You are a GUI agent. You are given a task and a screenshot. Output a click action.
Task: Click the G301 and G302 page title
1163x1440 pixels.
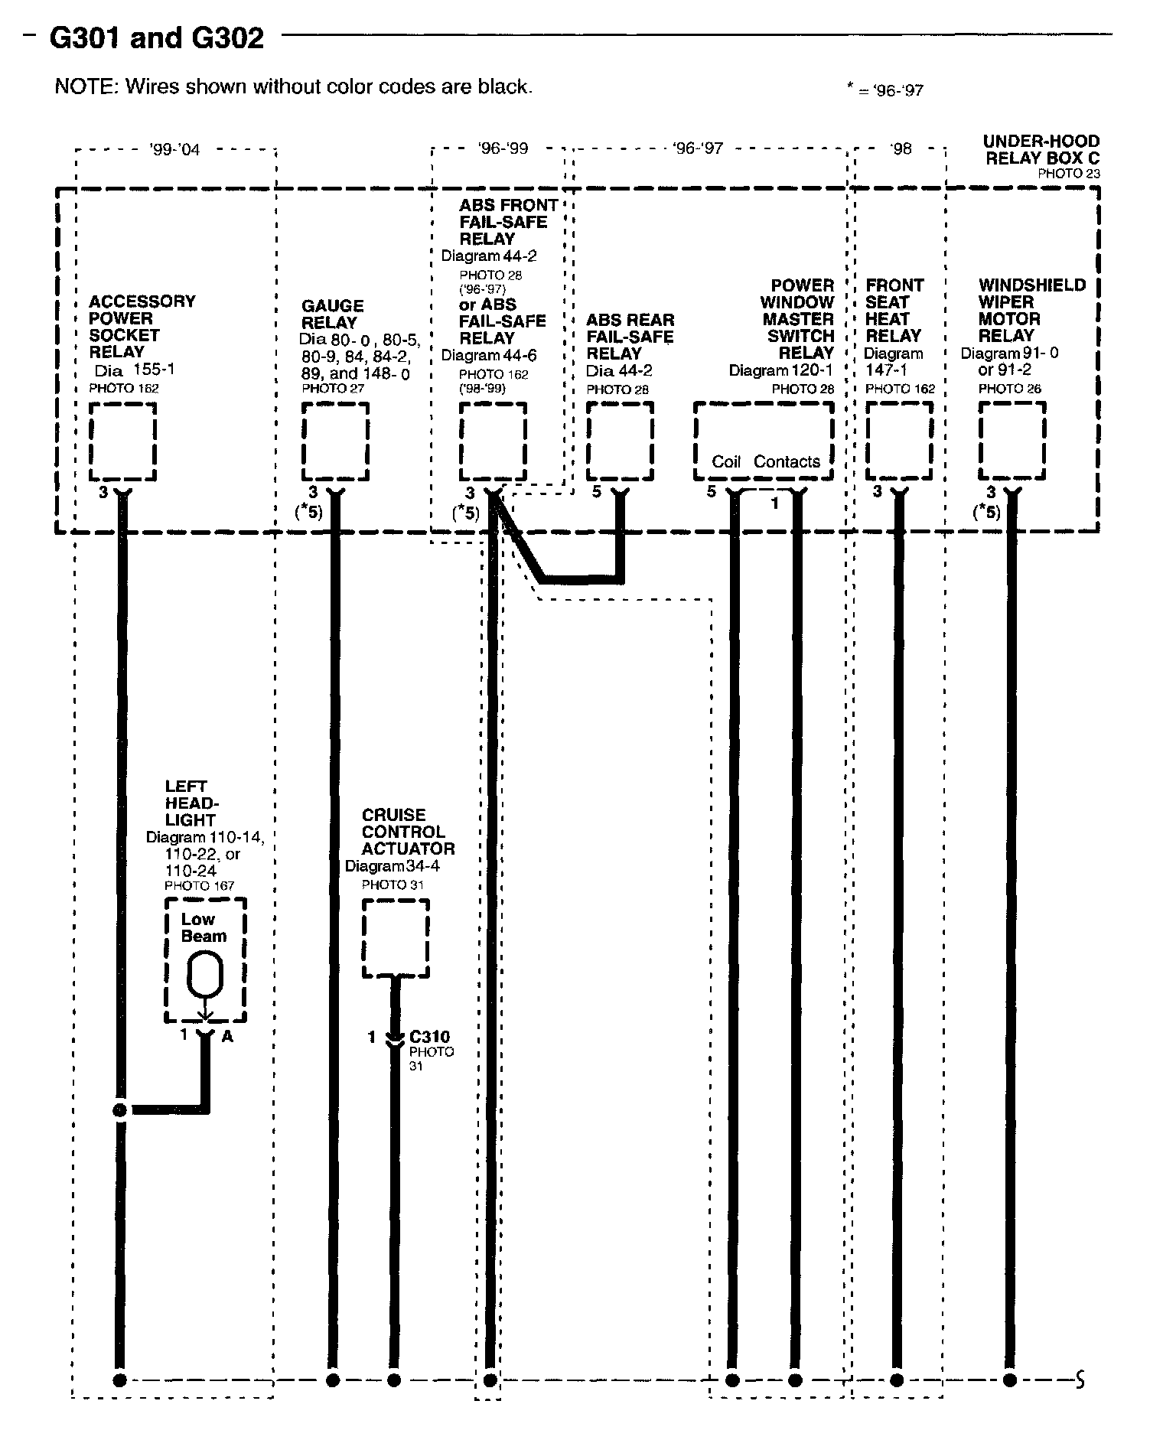click(156, 37)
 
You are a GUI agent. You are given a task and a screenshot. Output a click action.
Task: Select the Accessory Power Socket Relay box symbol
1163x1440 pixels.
click(122, 441)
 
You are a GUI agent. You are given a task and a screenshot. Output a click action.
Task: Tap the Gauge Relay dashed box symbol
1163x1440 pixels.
click(335, 441)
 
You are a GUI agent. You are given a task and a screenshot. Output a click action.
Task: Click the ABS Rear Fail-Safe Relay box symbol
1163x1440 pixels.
click(620, 441)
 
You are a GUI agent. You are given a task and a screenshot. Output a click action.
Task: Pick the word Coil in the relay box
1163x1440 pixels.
click(725, 461)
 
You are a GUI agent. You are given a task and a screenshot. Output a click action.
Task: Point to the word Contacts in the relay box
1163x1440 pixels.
click(787, 461)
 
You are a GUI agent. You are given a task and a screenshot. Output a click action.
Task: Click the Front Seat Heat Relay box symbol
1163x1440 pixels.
click(899, 441)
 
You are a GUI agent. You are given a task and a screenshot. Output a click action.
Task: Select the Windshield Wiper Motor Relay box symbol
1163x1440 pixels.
click(1012, 441)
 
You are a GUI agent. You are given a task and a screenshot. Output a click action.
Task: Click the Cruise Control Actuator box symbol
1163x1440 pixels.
click(395, 938)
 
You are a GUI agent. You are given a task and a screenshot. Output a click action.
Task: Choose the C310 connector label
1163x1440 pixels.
click(429, 1037)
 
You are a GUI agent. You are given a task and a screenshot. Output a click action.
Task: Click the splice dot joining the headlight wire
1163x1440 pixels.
click(120, 1109)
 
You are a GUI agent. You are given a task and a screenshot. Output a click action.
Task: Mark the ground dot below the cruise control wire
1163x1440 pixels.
click(394, 1380)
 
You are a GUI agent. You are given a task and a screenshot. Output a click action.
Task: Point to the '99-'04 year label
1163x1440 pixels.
click(175, 149)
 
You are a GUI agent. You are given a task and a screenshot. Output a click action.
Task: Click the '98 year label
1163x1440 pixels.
click(901, 149)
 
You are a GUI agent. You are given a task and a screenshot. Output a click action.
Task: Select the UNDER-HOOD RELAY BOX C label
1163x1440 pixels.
click(1041, 150)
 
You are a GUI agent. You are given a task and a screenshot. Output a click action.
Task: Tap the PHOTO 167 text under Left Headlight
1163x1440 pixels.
click(200, 885)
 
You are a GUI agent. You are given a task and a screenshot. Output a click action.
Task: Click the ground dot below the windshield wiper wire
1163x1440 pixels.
click(1010, 1380)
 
